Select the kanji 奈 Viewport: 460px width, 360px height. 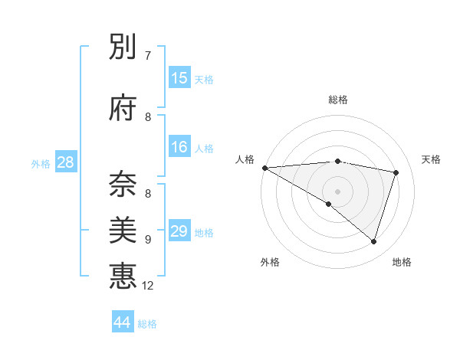click(x=123, y=182)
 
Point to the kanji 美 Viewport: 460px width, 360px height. click(x=123, y=229)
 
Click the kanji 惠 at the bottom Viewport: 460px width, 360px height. click(x=123, y=275)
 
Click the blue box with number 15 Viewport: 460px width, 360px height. click(x=179, y=78)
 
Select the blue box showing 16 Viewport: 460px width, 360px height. click(x=179, y=147)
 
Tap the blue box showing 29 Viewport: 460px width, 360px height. click(x=179, y=231)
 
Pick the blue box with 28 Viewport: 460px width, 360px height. click(x=65, y=162)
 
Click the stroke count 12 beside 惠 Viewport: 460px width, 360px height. click(x=148, y=286)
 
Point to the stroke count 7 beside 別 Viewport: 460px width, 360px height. click(x=148, y=55)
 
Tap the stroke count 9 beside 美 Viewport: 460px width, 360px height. click(x=148, y=239)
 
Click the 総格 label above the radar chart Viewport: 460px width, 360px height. click(x=338, y=100)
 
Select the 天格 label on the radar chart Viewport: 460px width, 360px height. click(x=431, y=159)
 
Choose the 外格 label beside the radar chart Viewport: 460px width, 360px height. click(x=270, y=262)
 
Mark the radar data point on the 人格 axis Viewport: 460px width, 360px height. click(x=264, y=168)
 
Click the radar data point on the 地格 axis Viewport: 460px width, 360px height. click(x=374, y=242)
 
